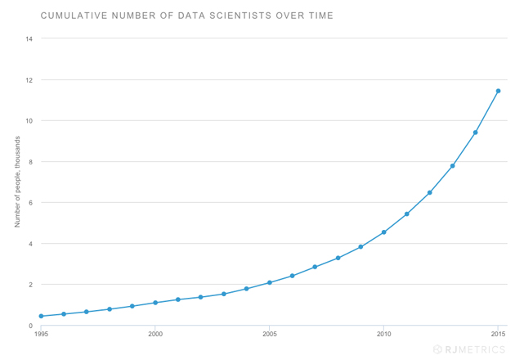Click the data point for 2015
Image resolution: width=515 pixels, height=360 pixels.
(498, 91)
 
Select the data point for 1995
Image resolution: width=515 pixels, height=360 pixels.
(41, 316)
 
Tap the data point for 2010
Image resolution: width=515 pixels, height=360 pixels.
(383, 232)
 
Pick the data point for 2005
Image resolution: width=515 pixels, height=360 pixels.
(270, 283)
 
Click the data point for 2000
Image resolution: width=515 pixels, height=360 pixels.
(155, 303)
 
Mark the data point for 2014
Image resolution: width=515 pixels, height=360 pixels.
(475, 133)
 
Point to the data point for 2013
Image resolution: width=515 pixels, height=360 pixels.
(452, 166)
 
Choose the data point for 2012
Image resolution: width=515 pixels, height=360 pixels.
(429, 193)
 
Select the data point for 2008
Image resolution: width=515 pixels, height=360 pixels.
(338, 259)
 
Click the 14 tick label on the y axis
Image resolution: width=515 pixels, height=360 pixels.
(29, 39)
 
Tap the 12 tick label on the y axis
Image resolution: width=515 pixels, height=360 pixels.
(29, 80)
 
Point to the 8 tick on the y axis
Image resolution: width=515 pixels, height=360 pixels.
(30, 162)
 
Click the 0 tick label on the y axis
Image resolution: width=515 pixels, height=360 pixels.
(30, 326)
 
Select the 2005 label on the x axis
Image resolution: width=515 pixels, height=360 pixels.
(270, 334)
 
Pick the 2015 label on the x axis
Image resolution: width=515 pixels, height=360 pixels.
(498, 334)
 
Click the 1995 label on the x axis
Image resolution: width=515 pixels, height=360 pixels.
(41, 334)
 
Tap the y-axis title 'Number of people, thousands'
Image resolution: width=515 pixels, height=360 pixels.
(16, 182)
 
